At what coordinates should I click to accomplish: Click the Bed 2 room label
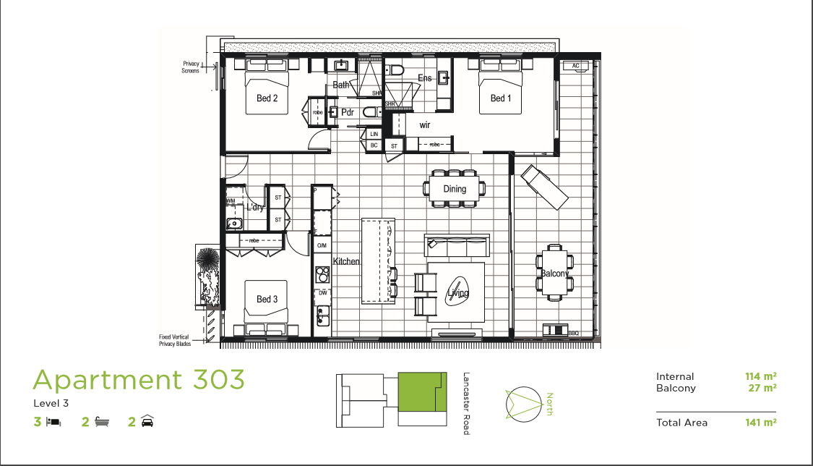click(267, 98)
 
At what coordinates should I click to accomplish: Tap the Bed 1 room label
click(499, 98)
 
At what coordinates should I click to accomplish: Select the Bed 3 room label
click(267, 299)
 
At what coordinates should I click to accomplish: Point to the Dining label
click(455, 189)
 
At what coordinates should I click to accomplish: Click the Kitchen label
click(346, 261)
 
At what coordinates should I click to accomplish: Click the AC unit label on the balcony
click(576, 66)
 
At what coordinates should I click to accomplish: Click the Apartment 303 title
click(139, 379)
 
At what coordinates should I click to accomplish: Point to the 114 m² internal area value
click(761, 376)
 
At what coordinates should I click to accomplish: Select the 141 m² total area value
click(761, 423)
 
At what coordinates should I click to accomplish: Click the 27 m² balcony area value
click(763, 388)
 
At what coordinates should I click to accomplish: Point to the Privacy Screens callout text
click(191, 67)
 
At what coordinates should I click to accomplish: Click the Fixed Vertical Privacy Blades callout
click(176, 340)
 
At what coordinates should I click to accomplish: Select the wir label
click(425, 124)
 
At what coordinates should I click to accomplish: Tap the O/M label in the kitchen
click(322, 246)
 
